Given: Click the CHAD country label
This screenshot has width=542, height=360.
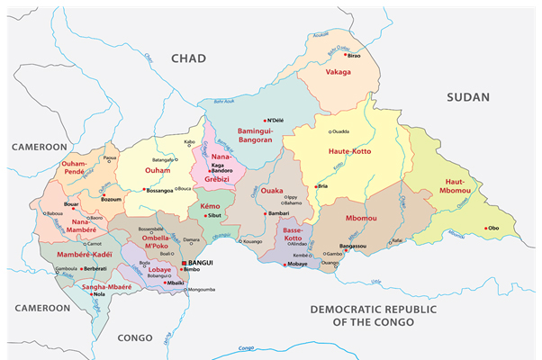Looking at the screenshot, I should (x=188, y=58).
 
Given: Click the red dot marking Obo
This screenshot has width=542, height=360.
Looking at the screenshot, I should (x=486, y=228).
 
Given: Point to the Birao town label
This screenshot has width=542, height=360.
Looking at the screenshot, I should (x=354, y=55).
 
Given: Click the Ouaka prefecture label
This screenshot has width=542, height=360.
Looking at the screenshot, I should (x=271, y=191).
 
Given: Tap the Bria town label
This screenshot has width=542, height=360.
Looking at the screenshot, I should (x=323, y=186).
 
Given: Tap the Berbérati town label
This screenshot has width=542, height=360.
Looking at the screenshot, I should (x=95, y=268).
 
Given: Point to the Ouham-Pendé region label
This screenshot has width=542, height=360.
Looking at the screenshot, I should (x=79, y=168).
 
